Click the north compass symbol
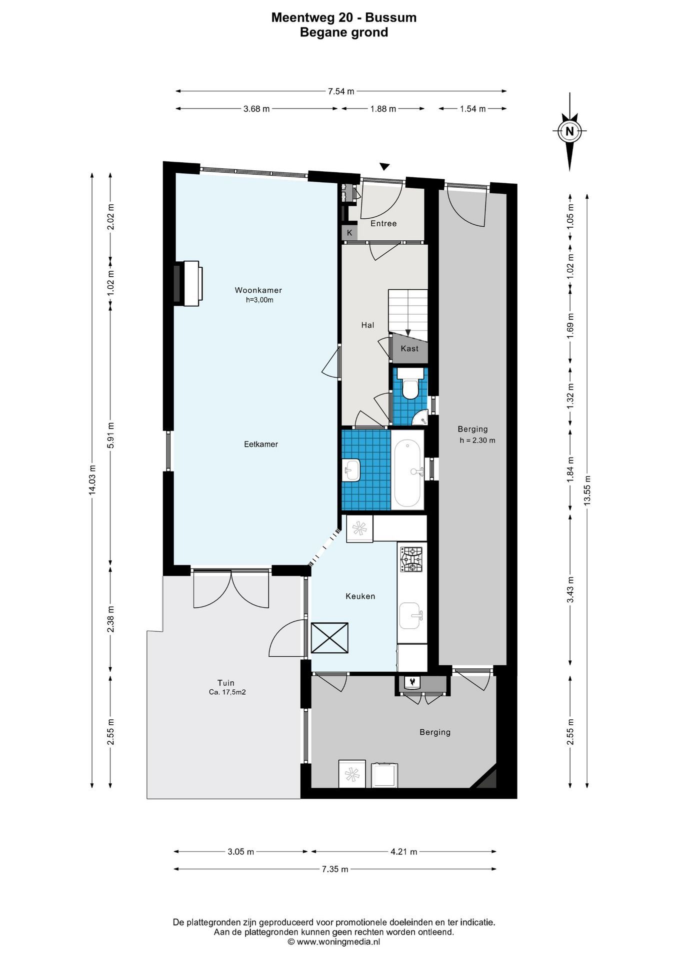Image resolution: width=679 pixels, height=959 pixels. (569, 132)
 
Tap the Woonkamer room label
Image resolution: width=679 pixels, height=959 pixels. (258, 290)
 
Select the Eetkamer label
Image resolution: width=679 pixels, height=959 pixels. (261, 444)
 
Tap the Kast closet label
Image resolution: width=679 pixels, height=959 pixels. (409, 349)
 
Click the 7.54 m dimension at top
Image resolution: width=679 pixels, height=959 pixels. (341, 91)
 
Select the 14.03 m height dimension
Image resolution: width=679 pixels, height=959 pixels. (92, 480)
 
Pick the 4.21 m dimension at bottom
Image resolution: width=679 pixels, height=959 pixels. (403, 852)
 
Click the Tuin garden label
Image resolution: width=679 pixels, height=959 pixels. (226, 683)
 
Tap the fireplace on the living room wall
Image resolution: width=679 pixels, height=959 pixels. (188, 283)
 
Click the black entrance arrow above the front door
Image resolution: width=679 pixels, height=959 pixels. (384, 167)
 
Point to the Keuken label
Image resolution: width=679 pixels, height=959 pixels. (360, 596)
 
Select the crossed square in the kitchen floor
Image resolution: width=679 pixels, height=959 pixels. (329, 637)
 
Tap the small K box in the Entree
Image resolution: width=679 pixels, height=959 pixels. (349, 233)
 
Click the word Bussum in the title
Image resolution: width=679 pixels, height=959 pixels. (390, 18)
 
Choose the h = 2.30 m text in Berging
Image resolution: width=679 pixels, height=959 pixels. (477, 441)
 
